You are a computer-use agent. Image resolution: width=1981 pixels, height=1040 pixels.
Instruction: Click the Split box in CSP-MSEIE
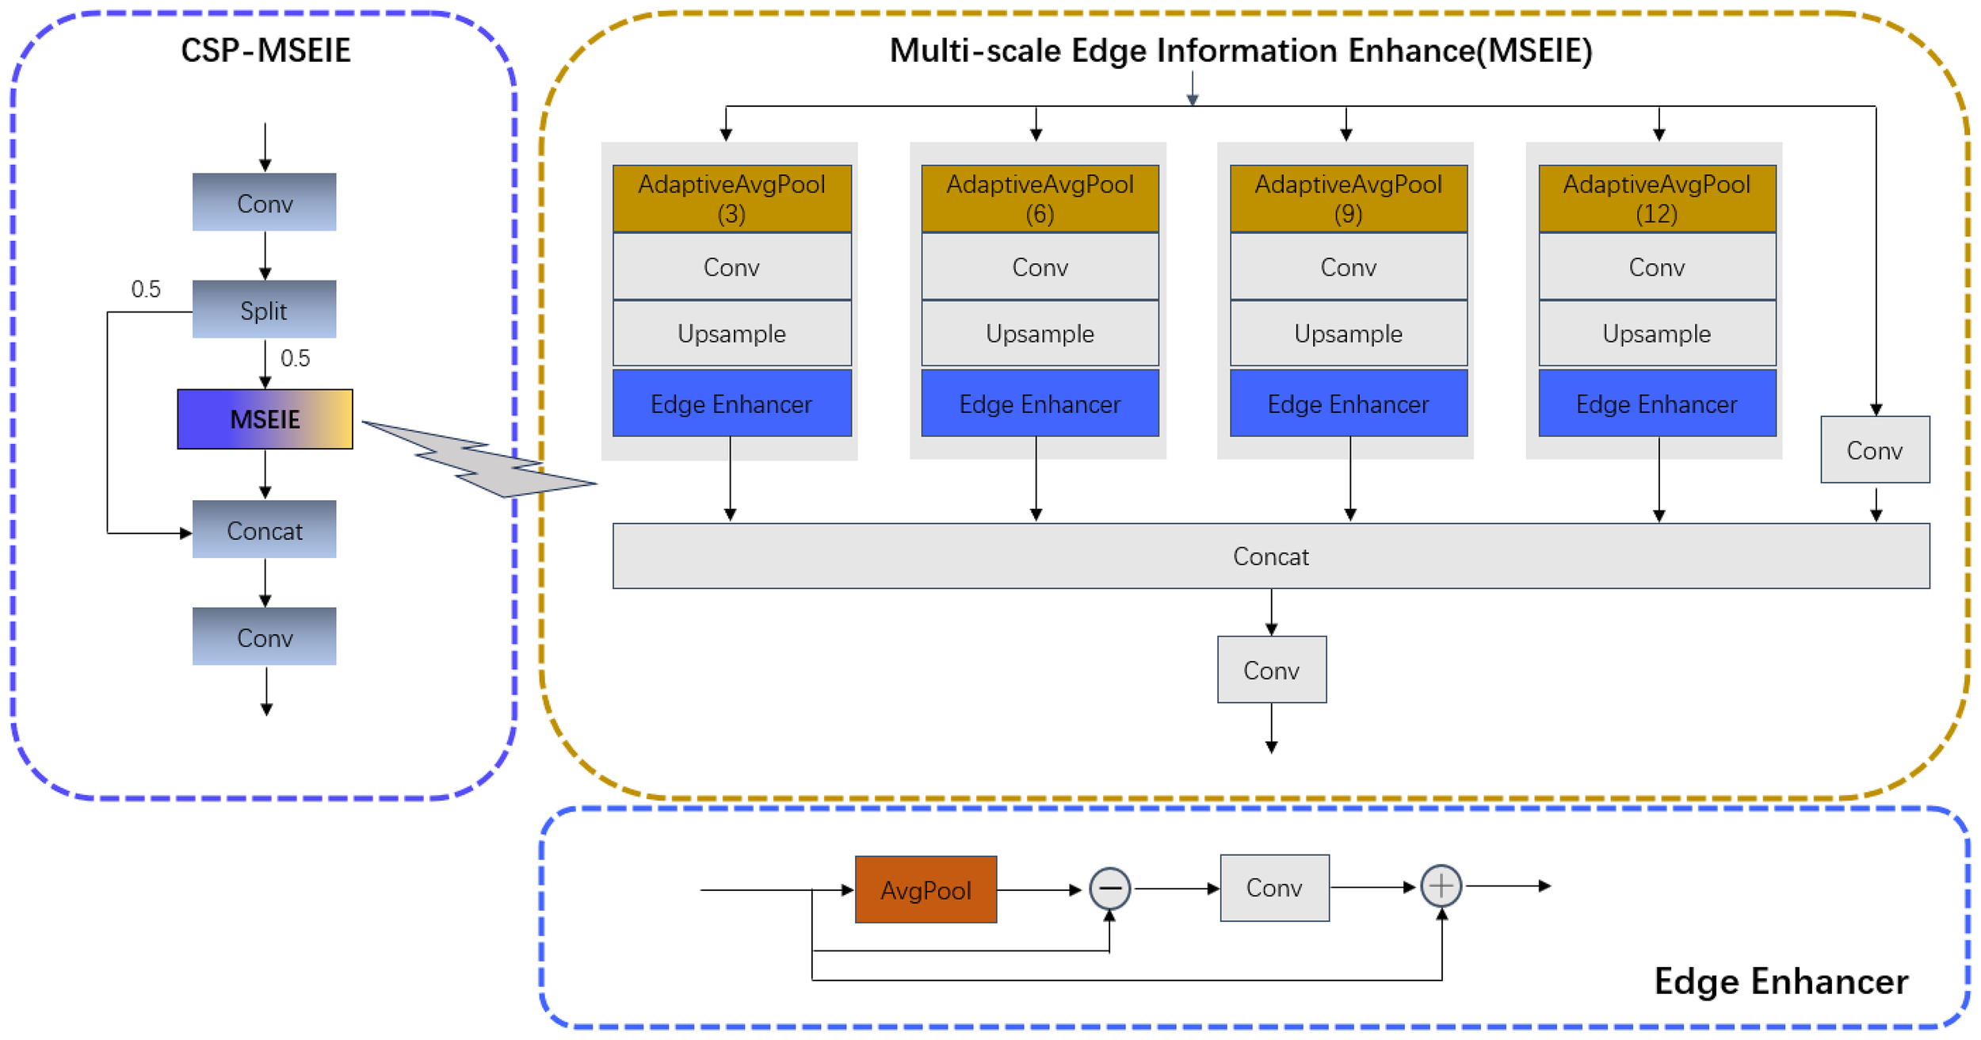coord(264,309)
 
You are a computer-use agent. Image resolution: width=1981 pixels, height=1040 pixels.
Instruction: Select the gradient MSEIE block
coord(265,419)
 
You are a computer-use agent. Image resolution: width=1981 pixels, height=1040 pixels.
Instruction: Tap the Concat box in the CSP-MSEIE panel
coord(264,530)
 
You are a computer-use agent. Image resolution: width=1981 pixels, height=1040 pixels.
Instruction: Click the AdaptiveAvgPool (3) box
coord(731,198)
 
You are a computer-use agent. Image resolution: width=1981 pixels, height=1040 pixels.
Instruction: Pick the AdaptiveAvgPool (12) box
coord(1656,198)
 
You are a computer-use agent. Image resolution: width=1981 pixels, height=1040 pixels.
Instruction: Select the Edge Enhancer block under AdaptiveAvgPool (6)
coord(1040,403)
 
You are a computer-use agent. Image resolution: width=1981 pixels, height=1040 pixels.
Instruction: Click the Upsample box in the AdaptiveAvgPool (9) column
coord(1348,333)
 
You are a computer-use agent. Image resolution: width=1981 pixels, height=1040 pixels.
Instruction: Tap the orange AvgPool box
coord(926,889)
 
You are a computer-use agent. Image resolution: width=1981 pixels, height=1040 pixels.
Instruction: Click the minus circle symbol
coord(1109,889)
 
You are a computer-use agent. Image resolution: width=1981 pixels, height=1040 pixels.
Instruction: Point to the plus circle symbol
coord(1441,885)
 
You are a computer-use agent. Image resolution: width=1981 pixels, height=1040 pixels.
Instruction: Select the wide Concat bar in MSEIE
coord(1270,556)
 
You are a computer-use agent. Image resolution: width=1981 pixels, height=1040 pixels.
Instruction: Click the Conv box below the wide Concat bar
coord(1271,670)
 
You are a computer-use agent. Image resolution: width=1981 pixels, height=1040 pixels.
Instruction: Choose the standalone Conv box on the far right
coord(1874,449)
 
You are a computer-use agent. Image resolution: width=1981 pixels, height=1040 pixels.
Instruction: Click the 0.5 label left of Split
coord(146,289)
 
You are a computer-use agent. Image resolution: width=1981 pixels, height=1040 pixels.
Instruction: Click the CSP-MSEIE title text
coord(265,50)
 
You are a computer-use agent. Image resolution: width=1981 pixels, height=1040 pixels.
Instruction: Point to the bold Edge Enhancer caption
coord(1781,981)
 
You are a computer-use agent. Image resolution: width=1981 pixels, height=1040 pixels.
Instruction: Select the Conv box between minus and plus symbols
coord(1273,887)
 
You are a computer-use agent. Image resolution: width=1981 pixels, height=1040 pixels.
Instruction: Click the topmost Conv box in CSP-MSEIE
coord(264,202)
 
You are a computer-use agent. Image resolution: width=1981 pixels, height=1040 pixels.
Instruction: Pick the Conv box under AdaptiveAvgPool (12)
coord(1656,266)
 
